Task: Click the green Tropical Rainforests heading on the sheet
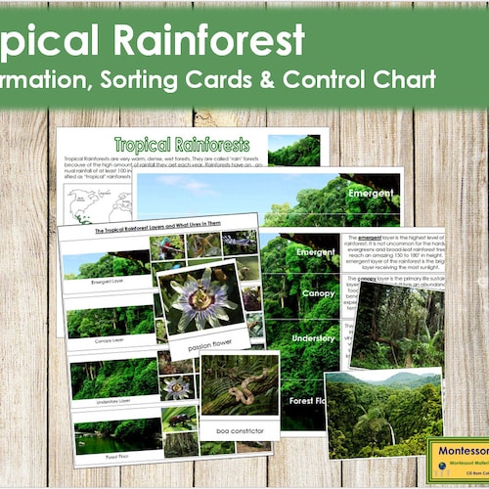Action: click(181, 145)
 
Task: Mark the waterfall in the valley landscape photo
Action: click(391, 428)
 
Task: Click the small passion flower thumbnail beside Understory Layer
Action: click(177, 387)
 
